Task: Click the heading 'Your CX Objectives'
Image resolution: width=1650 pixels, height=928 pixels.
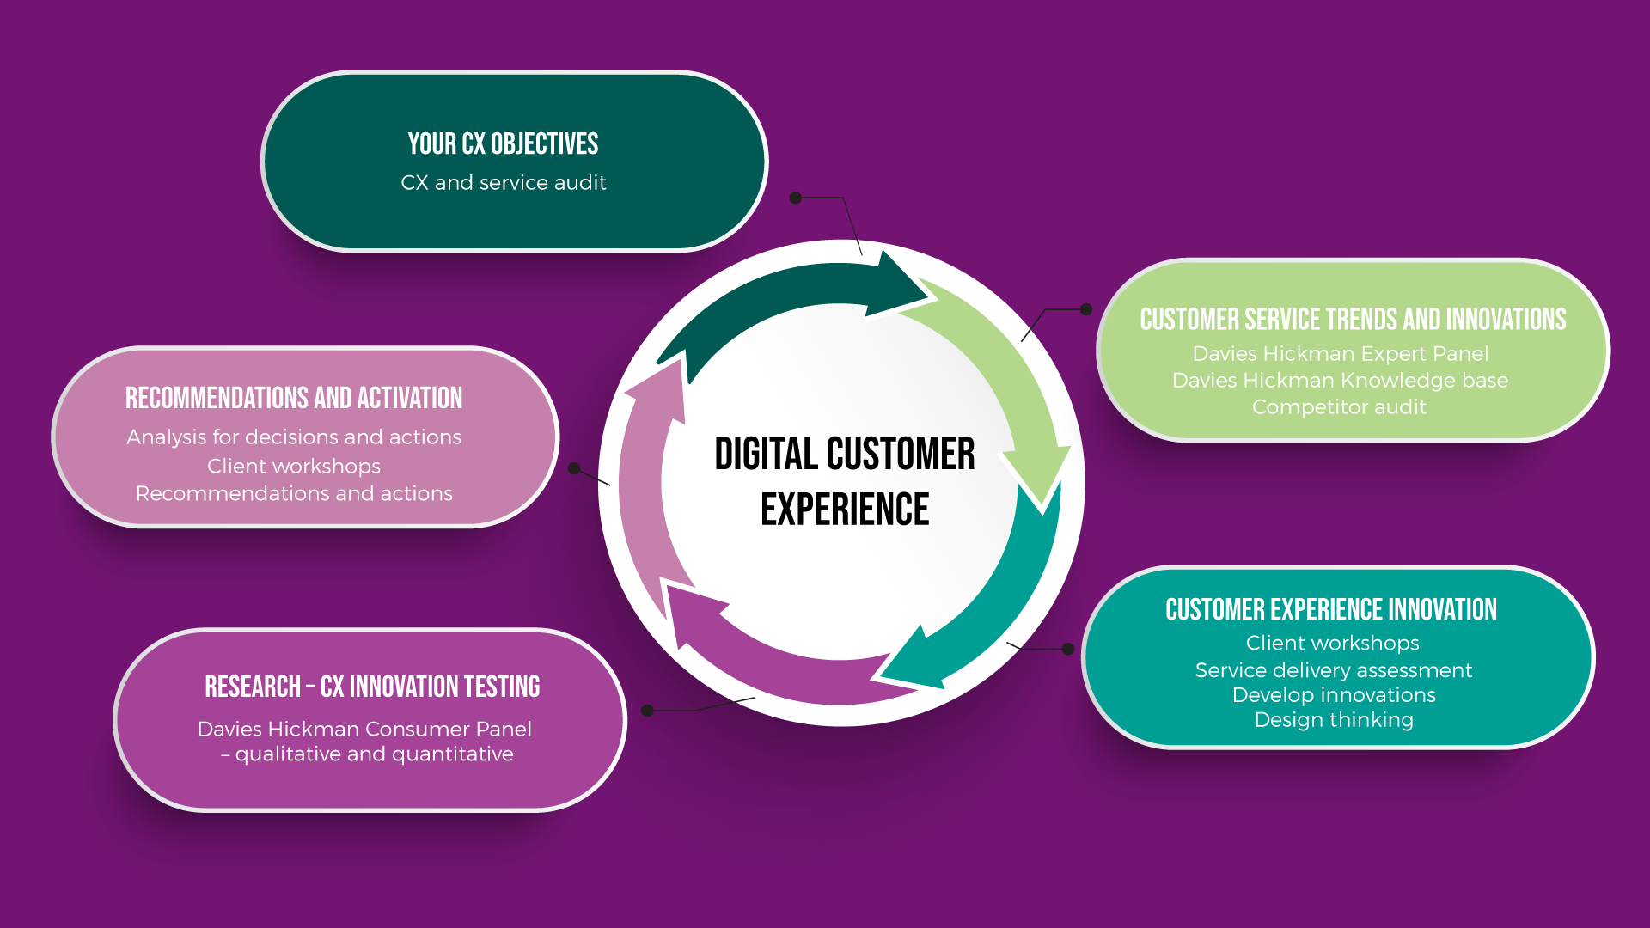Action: tap(503, 143)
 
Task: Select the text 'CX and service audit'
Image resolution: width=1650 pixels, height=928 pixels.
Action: tap(503, 183)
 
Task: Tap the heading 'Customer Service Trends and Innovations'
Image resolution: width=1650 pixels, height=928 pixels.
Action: tap(1353, 320)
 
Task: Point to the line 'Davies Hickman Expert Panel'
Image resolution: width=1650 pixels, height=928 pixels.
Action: tap(1340, 354)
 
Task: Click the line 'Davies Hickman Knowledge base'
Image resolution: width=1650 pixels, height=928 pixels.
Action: tap(1340, 381)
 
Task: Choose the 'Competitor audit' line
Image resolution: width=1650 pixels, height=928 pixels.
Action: tap(1339, 407)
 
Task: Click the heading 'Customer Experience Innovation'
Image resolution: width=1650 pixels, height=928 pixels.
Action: tap(1330, 610)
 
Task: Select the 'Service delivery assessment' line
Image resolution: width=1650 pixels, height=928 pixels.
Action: tap(1333, 670)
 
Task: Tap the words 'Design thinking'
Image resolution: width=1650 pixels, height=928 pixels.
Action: tap(1333, 720)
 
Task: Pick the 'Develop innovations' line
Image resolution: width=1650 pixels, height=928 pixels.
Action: tap(1333, 695)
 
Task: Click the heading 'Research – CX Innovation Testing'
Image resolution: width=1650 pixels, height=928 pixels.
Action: tap(372, 687)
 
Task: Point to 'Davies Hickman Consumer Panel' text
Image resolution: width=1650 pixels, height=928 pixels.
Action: tap(364, 730)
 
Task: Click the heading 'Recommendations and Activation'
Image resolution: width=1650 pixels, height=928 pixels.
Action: tap(294, 399)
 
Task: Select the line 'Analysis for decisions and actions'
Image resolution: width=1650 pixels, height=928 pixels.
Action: tap(294, 437)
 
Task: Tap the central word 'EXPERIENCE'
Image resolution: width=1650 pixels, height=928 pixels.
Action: tap(845, 510)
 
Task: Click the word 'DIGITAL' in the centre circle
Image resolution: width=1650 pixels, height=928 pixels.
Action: tap(766, 455)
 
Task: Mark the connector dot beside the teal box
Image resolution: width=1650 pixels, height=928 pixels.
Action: tap(1068, 649)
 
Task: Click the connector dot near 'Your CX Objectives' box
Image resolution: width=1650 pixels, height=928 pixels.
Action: tap(796, 198)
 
